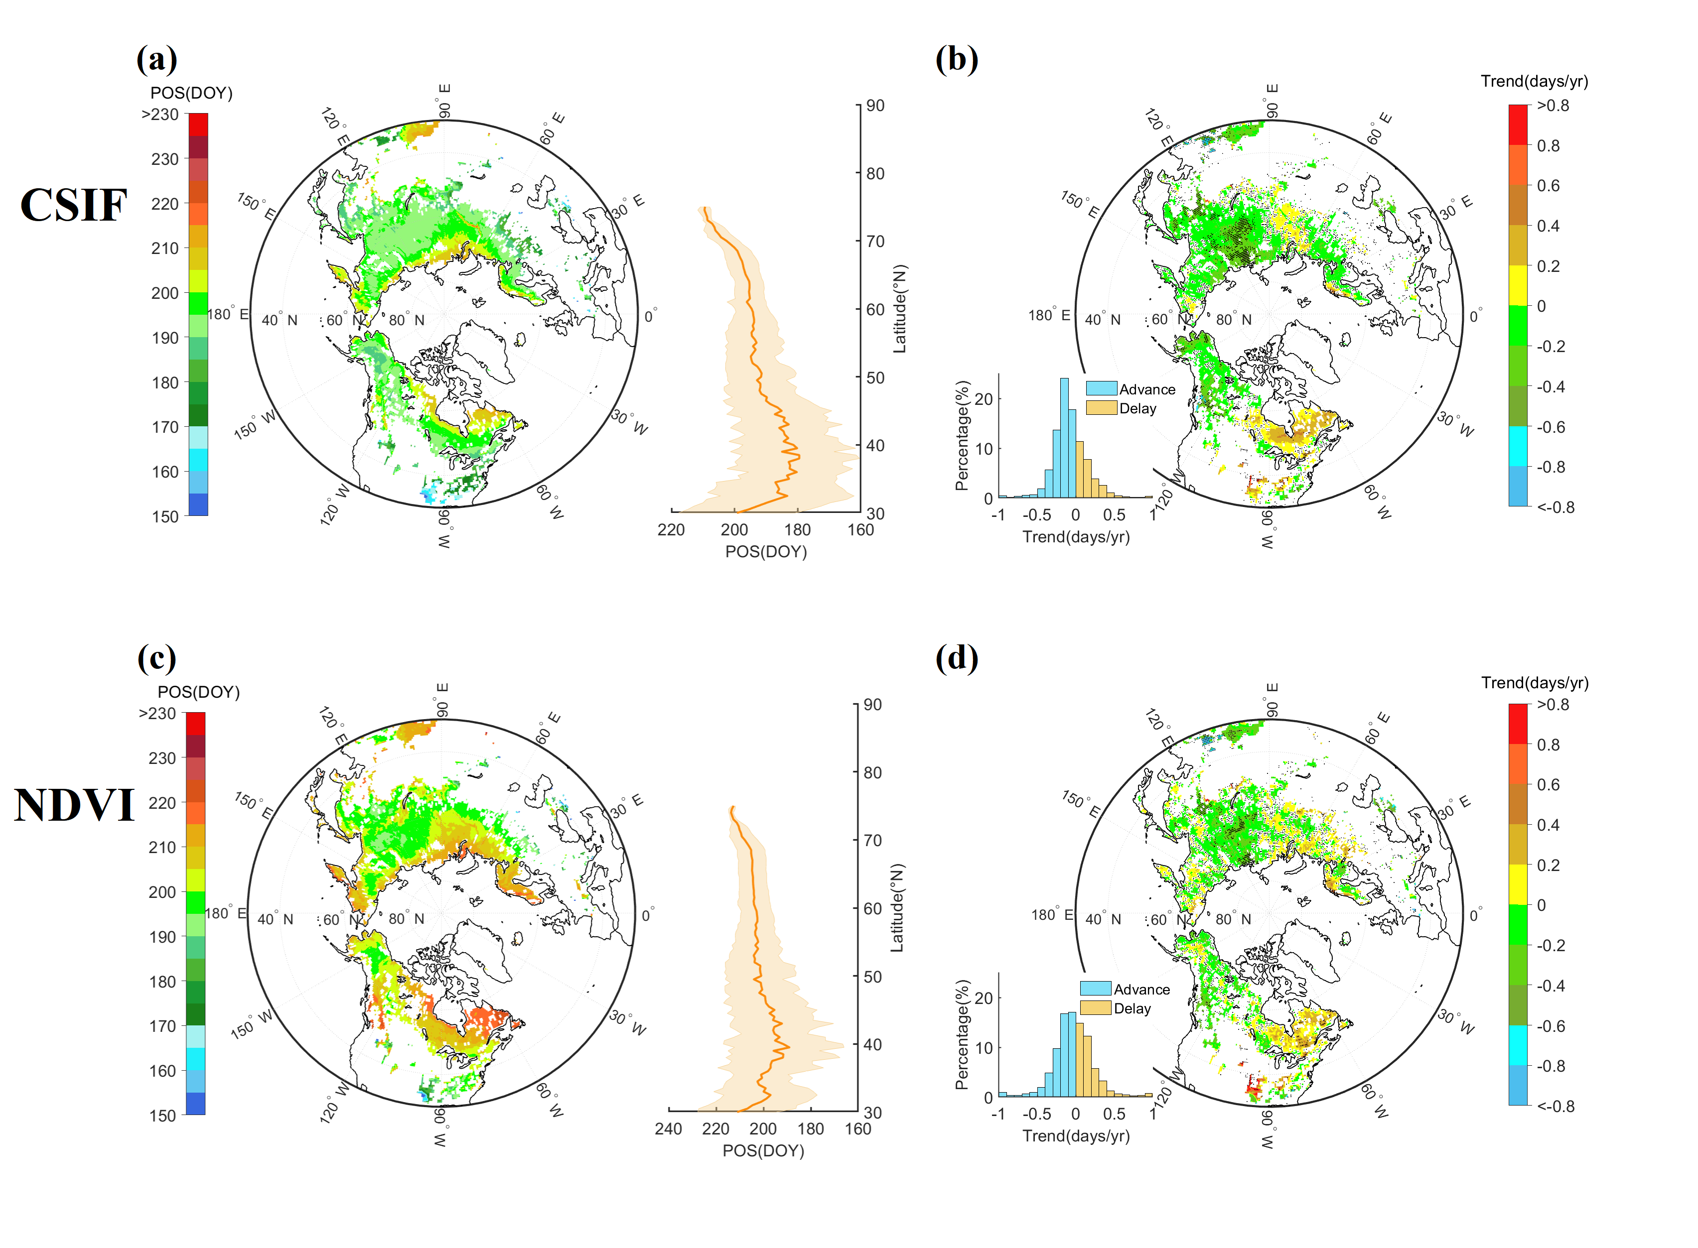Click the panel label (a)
click(x=156, y=59)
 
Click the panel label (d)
click(x=956, y=658)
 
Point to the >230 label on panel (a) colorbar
click(x=160, y=115)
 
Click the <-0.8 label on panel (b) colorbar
click(x=1555, y=507)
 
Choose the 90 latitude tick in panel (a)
click(x=875, y=106)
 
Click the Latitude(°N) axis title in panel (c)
click(x=897, y=908)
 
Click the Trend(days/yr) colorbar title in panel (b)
click(x=1534, y=81)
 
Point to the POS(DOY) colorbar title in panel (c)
click(x=198, y=692)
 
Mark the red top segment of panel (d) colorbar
click(x=1518, y=724)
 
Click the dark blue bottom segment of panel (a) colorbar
click(x=198, y=504)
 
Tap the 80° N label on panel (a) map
click(x=407, y=320)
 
